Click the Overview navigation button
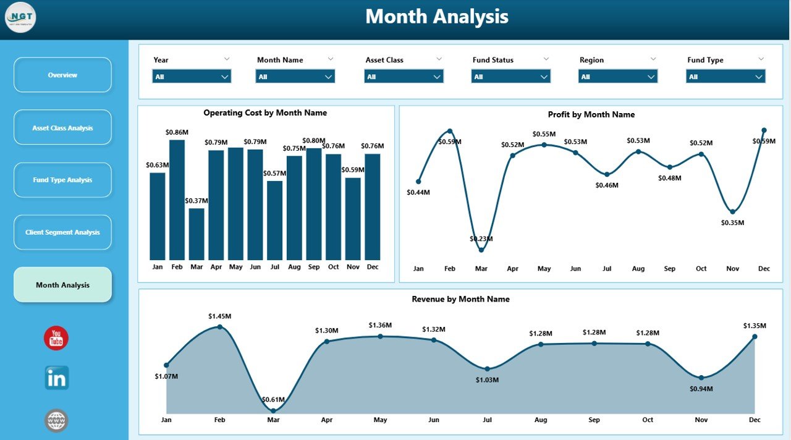pos(62,75)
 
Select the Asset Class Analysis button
pos(62,128)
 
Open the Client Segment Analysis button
pos(62,232)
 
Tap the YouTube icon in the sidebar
pos(56,338)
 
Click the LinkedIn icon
pos(56,378)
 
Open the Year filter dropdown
pos(192,77)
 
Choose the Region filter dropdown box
pos(618,77)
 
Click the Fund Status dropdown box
pos(511,77)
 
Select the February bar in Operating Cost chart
pos(177,200)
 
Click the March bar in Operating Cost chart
pos(197,234)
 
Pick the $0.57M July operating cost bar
pos(275,220)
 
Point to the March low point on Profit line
pos(481,250)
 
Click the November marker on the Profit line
pos(733,211)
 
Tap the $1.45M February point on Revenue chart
pos(219,327)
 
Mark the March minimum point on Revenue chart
pos(273,410)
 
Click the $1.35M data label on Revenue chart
pos(754,326)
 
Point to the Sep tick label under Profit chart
pos(670,269)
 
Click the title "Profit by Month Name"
pos(591,114)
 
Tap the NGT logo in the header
pos(20,17)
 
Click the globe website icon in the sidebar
pos(56,421)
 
